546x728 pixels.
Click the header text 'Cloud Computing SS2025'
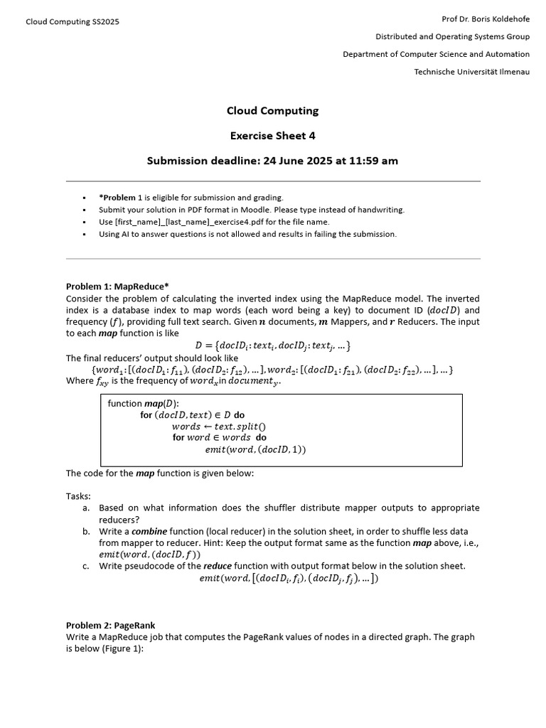73,21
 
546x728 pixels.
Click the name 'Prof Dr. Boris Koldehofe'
486,17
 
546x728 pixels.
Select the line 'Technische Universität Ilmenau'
471,72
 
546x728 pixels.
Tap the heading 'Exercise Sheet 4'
272,136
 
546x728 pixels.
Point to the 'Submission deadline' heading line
272,161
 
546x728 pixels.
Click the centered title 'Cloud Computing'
272,111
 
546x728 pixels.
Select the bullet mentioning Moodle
251,210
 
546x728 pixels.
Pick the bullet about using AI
247,234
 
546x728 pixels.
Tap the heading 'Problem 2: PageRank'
110,626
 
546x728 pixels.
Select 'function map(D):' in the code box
144,404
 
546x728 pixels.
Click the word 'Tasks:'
78,496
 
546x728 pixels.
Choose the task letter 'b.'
86,531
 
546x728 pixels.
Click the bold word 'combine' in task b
150,531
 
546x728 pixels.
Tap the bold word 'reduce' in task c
218,566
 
